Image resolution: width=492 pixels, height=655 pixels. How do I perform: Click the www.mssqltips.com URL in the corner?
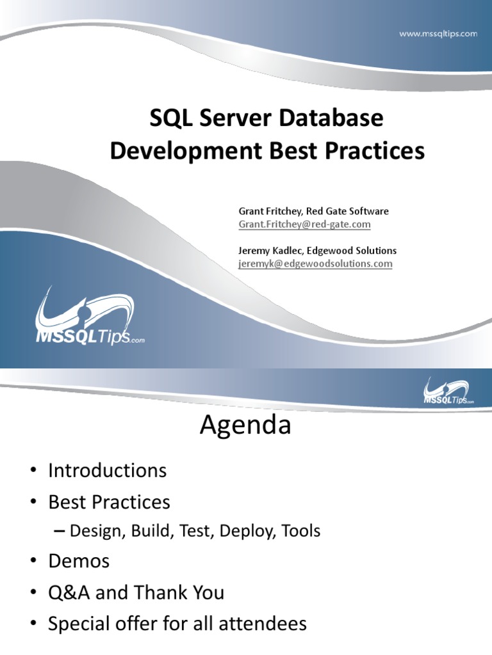tap(438, 34)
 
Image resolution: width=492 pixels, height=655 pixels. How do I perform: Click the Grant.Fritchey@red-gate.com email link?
tap(304, 225)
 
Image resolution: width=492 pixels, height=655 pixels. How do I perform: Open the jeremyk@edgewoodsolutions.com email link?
tap(315, 264)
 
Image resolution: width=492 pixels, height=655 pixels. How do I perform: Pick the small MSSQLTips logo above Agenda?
tap(448, 391)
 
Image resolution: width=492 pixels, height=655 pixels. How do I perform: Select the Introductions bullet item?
tap(107, 471)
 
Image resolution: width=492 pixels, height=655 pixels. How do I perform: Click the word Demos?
tap(79, 562)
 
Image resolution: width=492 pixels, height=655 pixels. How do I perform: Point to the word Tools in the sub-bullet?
tap(301, 531)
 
